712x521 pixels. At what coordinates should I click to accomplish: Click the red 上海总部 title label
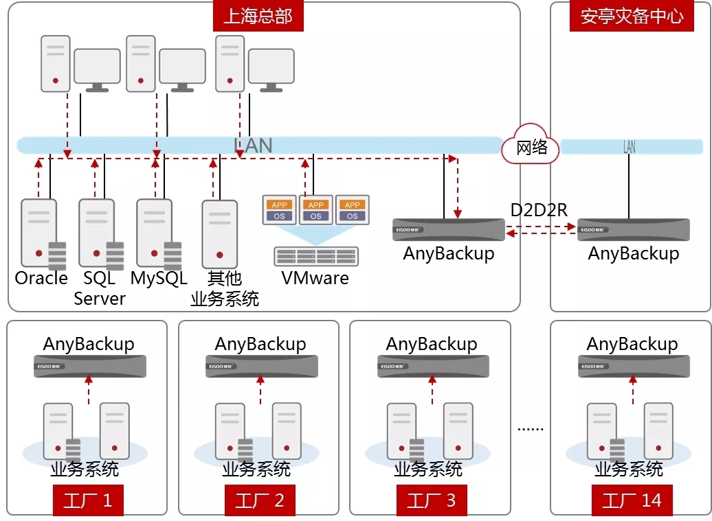point(258,16)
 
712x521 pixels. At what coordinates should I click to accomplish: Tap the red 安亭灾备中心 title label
point(632,16)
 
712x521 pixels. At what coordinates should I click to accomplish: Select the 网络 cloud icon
point(531,145)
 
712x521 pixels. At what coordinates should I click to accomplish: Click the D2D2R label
point(539,210)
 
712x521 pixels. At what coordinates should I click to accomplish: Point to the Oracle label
point(41,278)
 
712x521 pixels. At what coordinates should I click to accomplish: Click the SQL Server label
point(100,288)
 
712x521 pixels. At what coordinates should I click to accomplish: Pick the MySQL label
point(159,278)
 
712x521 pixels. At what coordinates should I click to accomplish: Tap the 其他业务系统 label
point(224,288)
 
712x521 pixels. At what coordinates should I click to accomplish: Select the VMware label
point(315,278)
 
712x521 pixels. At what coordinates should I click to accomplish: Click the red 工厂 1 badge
point(87,500)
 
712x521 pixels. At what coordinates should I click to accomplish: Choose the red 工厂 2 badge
point(259,500)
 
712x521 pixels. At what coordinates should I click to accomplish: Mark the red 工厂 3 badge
point(431,500)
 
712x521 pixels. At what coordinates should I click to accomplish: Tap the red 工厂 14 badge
point(632,500)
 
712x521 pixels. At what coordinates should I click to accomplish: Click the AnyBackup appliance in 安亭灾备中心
point(633,230)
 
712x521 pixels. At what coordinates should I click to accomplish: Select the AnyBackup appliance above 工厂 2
point(261,366)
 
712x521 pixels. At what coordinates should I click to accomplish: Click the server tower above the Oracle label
point(39,233)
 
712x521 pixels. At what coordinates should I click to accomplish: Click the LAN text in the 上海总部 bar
point(253,146)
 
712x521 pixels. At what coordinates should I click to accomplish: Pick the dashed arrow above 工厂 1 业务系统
point(88,390)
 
